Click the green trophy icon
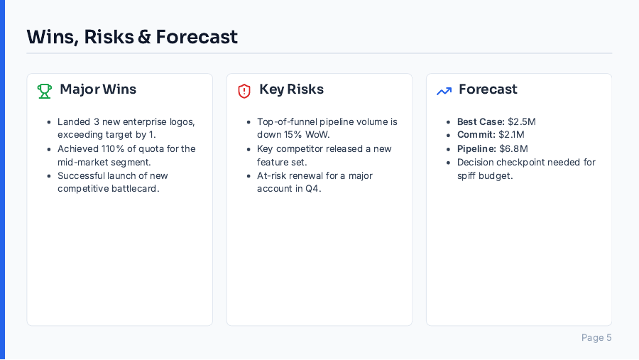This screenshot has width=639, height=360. pos(45,91)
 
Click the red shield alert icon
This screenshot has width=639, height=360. pos(244,91)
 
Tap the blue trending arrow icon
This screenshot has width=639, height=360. pos(444,91)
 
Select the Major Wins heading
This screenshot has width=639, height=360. pos(98,89)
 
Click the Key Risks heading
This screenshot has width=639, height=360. pos(291,89)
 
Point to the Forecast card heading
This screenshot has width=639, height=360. pos(488,89)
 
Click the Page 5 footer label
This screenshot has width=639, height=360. pos(596,338)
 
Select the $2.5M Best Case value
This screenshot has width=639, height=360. pos(522,121)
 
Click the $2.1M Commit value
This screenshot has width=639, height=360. pos(510,135)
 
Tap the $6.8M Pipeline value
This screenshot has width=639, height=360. pos(513,148)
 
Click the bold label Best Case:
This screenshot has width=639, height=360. pos(481,121)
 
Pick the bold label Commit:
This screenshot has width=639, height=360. pos(475,135)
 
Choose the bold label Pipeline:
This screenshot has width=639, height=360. pos(476,148)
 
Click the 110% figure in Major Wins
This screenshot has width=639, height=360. pos(111,148)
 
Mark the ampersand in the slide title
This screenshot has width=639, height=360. pos(144,37)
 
